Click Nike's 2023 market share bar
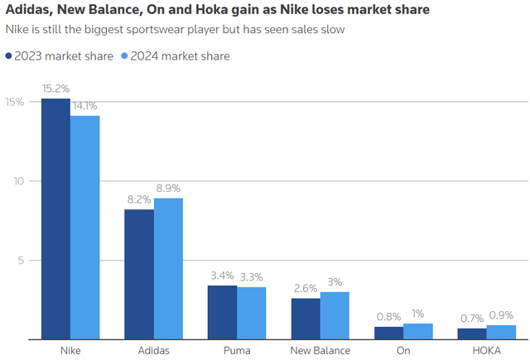pos(55,219)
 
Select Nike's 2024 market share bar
pos(84,228)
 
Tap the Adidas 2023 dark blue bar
pos(139,274)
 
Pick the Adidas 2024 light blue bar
pos(168,269)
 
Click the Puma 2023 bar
pos(222,312)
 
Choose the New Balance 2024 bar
pos(335,315)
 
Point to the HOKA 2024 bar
pos(501,332)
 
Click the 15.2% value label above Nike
pos(55,89)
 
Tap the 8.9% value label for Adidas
pos(168,189)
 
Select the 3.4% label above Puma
pos(222,276)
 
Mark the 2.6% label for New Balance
pos(306,289)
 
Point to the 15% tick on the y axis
pos(15,102)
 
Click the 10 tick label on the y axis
pos(18,181)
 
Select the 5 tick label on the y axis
pos(21,261)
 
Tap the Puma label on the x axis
pos(236,351)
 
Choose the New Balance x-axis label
pos(320,351)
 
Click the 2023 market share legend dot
pos(9,56)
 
